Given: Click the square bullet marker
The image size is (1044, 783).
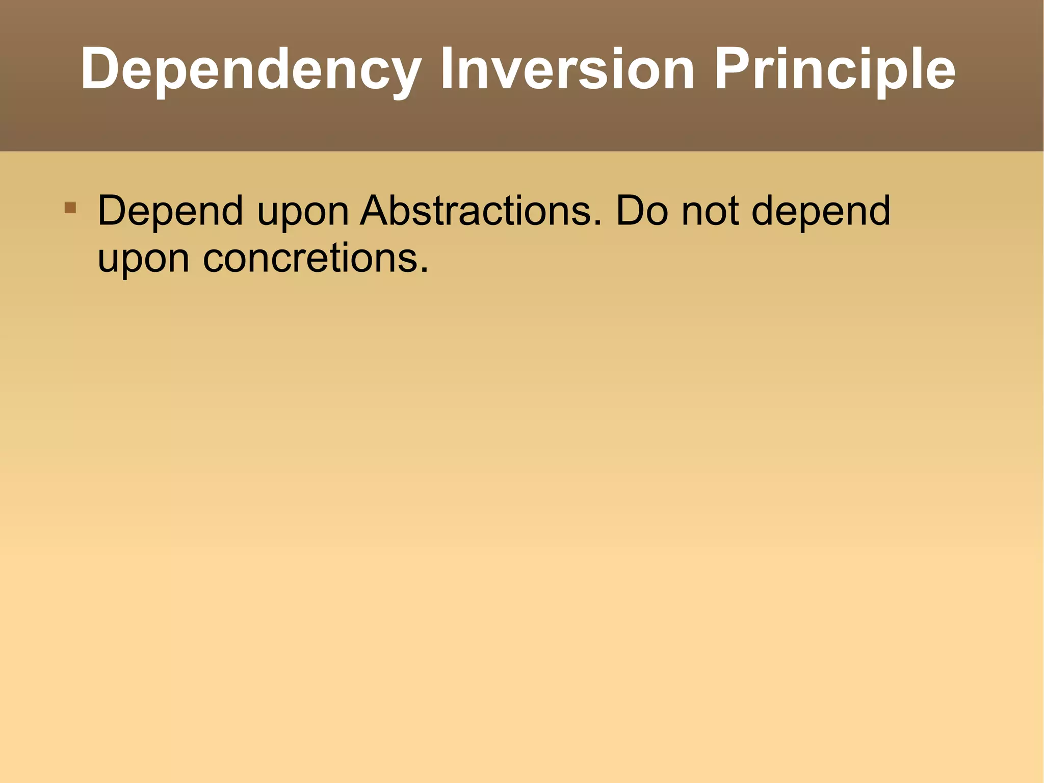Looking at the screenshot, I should click(x=70, y=208).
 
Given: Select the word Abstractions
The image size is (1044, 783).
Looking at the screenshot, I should click(x=476, y=211).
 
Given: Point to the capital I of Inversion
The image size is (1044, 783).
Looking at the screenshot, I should click(x=448, y=69).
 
